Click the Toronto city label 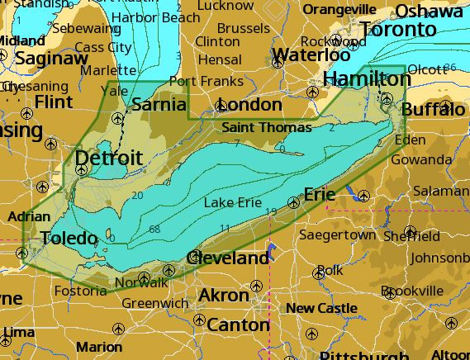pyautogui.click(x=398, y=30)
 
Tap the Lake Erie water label pyautogui.click(x=232, y=202)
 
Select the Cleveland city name pyautogui.click(x=231, y=258)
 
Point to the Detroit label pyautogui.click(x=108, y=158)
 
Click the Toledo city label pyautogui.click(x=69, y=239)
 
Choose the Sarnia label pyautogui.click(x=159, y=105)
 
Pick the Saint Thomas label pyautogui.click(x=267, y=127)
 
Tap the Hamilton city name pyautogui.click(x=367, y=78)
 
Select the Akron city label pyautogui.click(x=224, y=296)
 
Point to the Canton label pyautogui.click(x=238, y=324)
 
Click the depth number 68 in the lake pyautogui.click(x=154, y=229)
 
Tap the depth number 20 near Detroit pyautogui.click(x=137, y=195)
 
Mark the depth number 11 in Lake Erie pyautogui.click(x=225, y=228)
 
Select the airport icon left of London pyautogui.click(x=220, y=106)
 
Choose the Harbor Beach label pyautogui.click(x=155, y=17)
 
